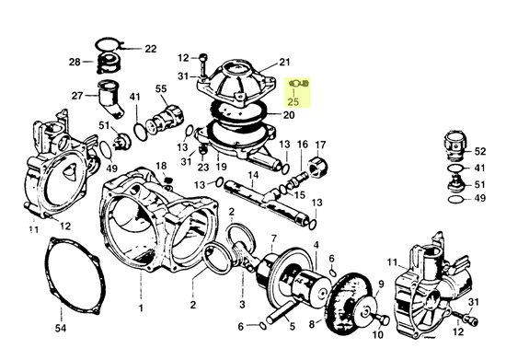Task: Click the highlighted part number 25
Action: pos(293,101)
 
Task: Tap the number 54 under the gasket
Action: pos(61,328)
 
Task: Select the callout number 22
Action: pos(150,49)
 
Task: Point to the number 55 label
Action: pos(161,88)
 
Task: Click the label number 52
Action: pos(480,151)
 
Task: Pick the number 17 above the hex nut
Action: pos(320,145)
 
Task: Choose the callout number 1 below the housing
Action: pos(141,308)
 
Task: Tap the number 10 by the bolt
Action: pos(377,335)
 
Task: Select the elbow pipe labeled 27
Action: pos(110,99)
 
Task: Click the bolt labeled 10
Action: pos(382,319)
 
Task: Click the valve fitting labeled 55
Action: pos(165,118)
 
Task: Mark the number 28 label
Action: pos(75,62)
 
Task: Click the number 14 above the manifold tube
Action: pos(253,175)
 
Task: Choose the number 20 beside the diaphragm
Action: pos(289,114)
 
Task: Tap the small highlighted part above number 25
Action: pos(299,84)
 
